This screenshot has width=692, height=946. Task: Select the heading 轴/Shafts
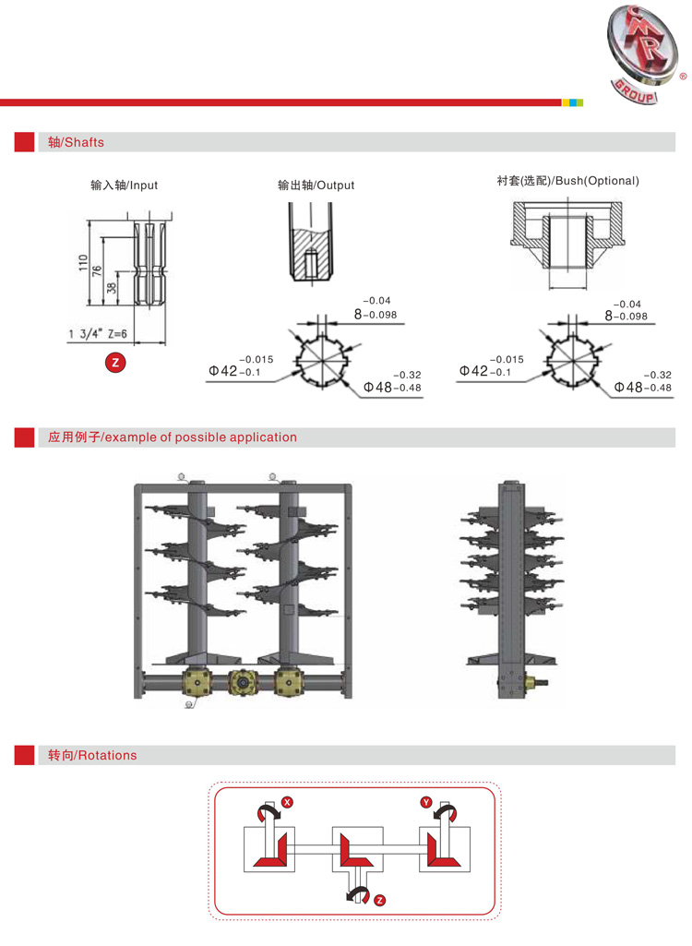click(77, 142)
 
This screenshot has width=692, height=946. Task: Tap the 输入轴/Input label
click(124, 186)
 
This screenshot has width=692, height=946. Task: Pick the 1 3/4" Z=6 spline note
click(97, 334)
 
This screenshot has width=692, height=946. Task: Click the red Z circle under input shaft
click(115, 363)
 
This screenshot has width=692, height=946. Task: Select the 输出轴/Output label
click(316, 186)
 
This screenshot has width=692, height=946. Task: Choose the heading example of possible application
click(173, 437)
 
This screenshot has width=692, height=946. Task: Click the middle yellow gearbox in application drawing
click(243, 683)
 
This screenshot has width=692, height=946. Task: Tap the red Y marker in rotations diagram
click(425, 802)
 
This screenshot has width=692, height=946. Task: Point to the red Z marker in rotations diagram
click(380, 900)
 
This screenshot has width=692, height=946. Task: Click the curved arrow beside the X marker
click(268, 811)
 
